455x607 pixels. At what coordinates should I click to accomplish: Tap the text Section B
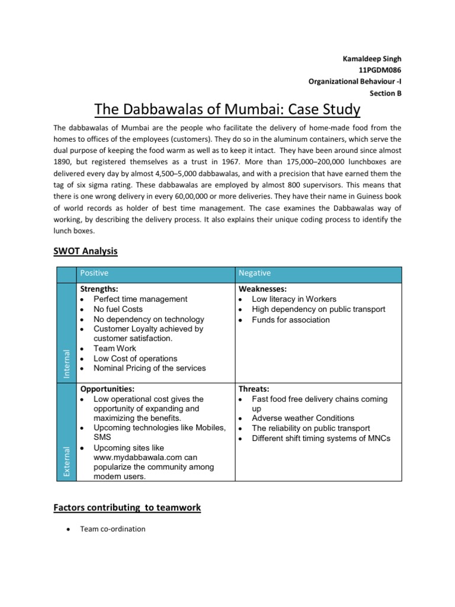385,92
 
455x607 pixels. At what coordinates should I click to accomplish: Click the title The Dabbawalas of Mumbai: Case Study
227,110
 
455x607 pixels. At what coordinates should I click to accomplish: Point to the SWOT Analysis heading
85,251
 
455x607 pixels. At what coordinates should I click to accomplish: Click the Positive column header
95,273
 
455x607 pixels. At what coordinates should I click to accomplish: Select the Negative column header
254,273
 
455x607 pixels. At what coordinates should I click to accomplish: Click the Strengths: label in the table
99,289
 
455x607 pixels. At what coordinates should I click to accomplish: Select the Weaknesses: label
262,289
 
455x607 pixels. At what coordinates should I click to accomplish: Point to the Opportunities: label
107,389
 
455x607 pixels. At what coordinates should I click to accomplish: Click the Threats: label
254,389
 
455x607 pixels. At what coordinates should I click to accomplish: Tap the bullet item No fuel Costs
118,309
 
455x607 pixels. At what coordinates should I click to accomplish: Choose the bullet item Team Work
115,349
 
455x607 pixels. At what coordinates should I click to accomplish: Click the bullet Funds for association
290,320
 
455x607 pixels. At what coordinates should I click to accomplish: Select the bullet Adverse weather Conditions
303,418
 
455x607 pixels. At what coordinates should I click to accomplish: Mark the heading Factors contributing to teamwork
127,507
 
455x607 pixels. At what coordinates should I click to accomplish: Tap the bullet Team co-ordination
113,529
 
